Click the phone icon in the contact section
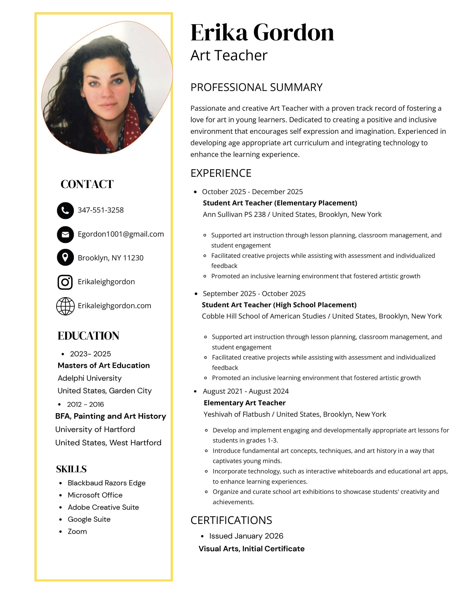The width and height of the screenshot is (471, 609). tap(65, 210)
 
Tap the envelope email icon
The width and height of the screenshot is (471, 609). tap(65, 235)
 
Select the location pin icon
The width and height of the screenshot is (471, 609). tap(65, 257)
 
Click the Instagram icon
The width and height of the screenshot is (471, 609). tap(65, 282)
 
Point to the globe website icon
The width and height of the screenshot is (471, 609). tap(65, 306)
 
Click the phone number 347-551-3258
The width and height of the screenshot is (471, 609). tap(100, 210)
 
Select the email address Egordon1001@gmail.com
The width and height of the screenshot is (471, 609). tap(121, 234)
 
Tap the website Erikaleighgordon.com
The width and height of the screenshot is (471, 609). tap(114, 306)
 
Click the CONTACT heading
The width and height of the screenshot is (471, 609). tap(87, 184)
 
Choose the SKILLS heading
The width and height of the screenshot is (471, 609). tap(71, 469)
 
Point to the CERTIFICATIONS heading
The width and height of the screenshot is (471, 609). tap(231, 520)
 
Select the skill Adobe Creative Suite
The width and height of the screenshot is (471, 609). tap(103, 507)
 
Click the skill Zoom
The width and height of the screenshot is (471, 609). tap(77, 531)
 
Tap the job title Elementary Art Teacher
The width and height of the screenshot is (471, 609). tap(244, 403)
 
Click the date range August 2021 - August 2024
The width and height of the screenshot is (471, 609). tap(245, 391)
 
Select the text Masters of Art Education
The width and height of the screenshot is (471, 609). tap(103, 366)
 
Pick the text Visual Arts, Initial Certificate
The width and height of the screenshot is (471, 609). tap(251, 549)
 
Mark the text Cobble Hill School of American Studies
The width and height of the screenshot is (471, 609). tap(264, 316)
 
